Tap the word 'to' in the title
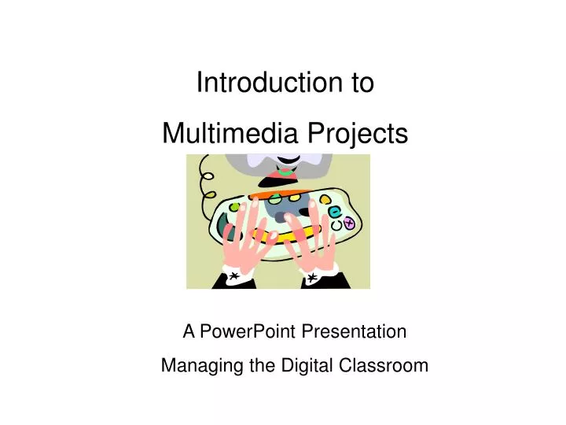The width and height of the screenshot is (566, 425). pos(362,83)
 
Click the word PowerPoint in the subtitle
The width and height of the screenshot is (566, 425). pos(244,332)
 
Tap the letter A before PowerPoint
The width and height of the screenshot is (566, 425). pos(189,332)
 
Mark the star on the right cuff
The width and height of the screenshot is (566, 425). pos(311,279)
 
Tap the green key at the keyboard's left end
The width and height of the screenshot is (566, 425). pos(233,207)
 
